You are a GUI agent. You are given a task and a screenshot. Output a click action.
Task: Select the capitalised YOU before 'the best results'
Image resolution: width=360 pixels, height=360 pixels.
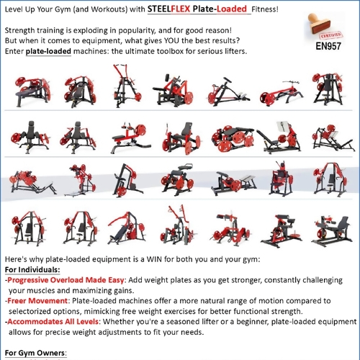[176, 42]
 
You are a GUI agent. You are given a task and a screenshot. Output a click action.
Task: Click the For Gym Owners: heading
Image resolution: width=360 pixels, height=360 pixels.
[35, 353]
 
